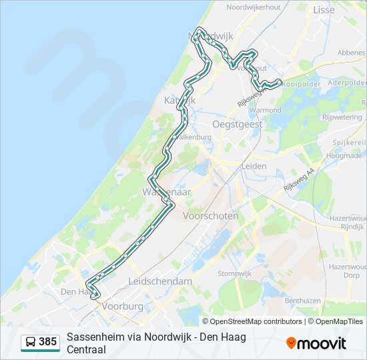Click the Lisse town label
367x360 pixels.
[x=324, y=10]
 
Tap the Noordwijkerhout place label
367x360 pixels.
[x=253, y=7]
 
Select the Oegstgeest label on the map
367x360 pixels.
[x=238, y=124]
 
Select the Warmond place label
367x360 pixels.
[x=267, y=109]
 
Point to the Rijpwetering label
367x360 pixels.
[x=342, y=117]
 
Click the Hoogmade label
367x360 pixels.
[x=344, y=156]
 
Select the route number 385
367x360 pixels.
[x=47, y=342]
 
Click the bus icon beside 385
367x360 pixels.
[x=30, y=343]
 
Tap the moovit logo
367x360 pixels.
[x=316, y=343]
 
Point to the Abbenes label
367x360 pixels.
[x=351, y=53]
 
